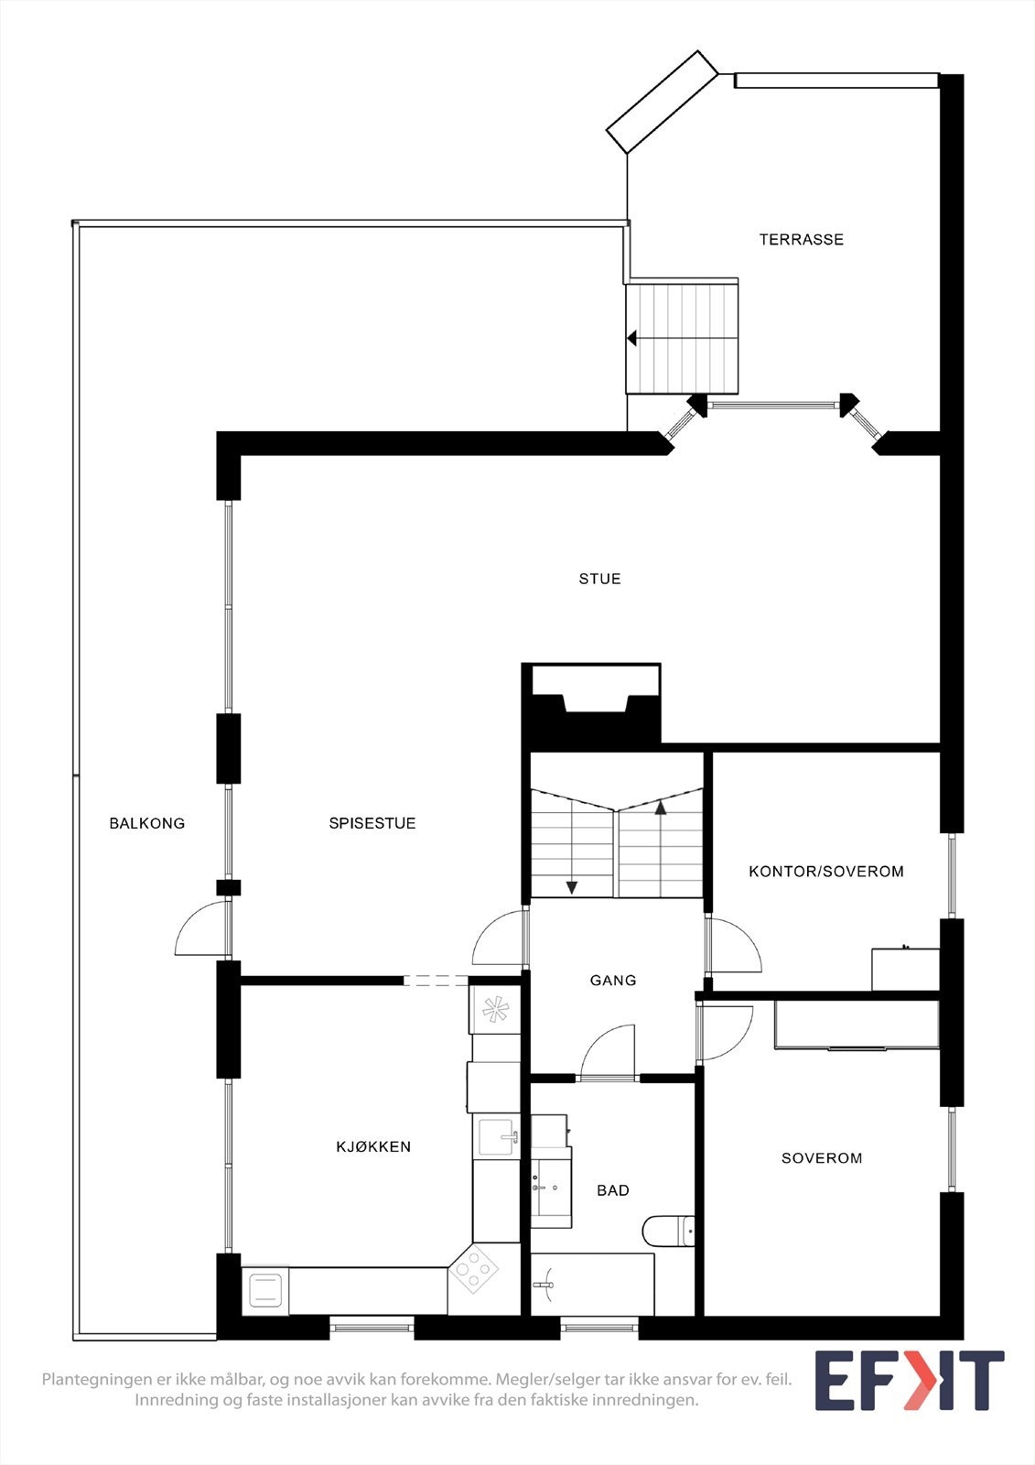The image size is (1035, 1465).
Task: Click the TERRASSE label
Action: click(x=801, y=239)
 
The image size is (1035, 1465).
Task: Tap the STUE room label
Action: click(x=599, y=579)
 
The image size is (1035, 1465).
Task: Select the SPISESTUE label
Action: click(x=372, y=823)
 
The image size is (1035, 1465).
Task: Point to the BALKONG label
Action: click(x=147, y=823)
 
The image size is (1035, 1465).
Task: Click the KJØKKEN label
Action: click(x=373, y=1146)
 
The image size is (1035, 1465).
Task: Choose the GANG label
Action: click(x=612, y=980)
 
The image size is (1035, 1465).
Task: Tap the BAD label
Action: click(x=612, y=1190)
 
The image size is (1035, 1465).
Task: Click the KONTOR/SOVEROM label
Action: click(x=825, y=871)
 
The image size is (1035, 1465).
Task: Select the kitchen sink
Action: click(x=496, y=1137)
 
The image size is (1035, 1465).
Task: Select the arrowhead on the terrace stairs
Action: click(x=631, y=338)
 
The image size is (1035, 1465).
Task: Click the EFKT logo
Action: click(x=910, y=1380)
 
